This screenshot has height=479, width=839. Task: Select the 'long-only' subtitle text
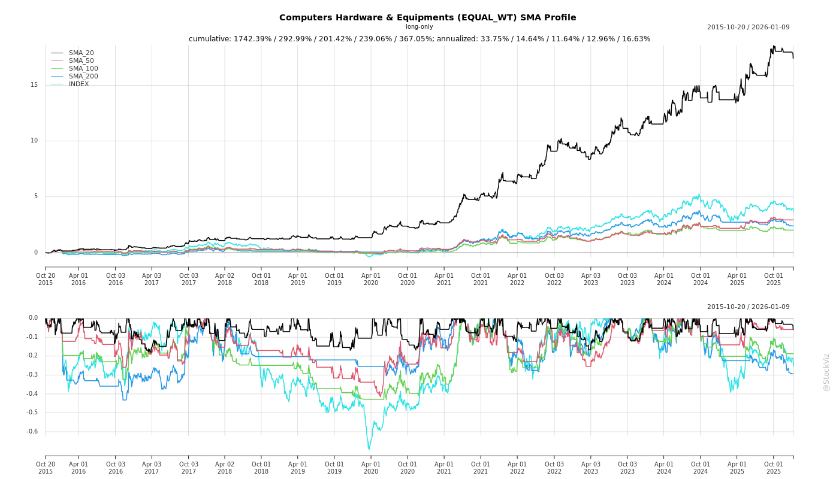point(419,27)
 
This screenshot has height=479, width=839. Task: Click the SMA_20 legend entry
point(81,53)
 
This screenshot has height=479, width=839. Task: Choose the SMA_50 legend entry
point(81,60)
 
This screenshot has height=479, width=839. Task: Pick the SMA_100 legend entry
point(83,68)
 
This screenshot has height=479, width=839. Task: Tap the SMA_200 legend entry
point(83,76)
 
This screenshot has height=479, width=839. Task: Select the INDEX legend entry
point(79,84)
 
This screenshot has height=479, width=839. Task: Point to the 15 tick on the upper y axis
point(34,84)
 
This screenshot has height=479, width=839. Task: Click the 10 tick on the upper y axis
point(34,141)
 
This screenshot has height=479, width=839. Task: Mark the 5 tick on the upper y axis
point(36,196)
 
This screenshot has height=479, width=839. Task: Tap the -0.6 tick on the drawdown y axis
point(32,431)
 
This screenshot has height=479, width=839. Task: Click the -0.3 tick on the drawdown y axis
point(32,374)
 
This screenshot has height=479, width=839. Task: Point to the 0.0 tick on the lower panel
point(33,318)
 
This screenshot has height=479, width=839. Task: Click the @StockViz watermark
point(826,372)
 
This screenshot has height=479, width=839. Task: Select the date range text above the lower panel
point(748,307)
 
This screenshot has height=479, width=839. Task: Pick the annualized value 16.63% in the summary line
point(636,39)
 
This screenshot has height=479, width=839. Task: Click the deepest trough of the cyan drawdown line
point(369,448)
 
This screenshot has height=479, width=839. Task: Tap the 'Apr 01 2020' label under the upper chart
point(371,279)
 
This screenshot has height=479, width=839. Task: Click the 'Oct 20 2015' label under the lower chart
point(46,468)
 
